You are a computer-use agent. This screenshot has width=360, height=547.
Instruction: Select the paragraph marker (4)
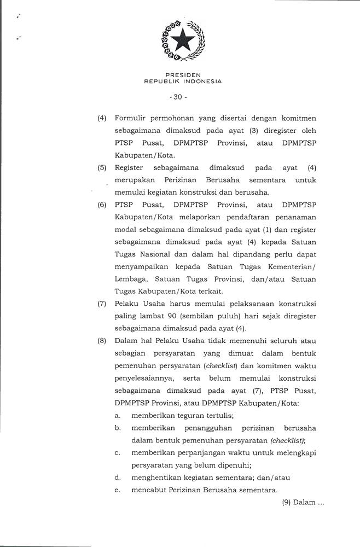pyautogui.click(x=102, y=118)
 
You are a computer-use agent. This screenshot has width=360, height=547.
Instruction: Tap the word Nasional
pyautogui.click(x=160, y=254)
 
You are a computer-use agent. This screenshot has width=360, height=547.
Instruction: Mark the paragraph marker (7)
pyautogui.click(x=102, y=304)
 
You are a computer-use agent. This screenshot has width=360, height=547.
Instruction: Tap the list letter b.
pyautogui.click(x=118, y=428)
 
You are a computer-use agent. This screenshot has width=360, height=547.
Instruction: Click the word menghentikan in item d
pyautogui.click(x=158, y=478)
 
